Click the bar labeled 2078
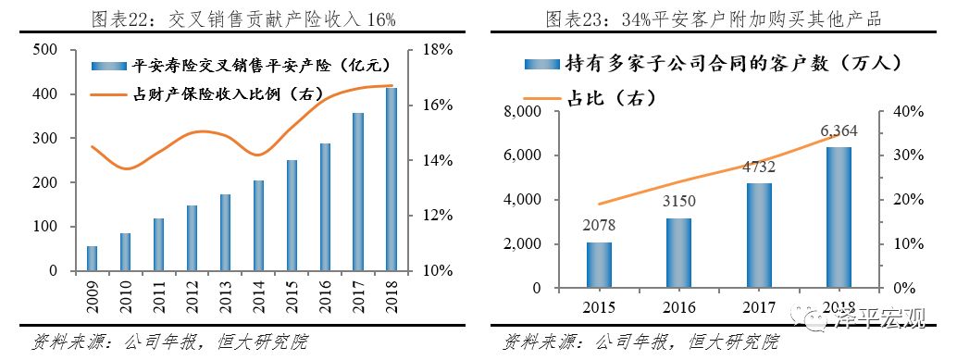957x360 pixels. pos(600,266)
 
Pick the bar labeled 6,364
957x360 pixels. pos(839,217)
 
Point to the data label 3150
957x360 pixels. pos(679,202)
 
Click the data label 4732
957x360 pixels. pos(759,167)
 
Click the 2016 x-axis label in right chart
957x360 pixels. pos(679,306)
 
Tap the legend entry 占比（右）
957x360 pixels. pos(612,97)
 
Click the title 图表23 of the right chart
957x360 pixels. pos(712,19)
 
